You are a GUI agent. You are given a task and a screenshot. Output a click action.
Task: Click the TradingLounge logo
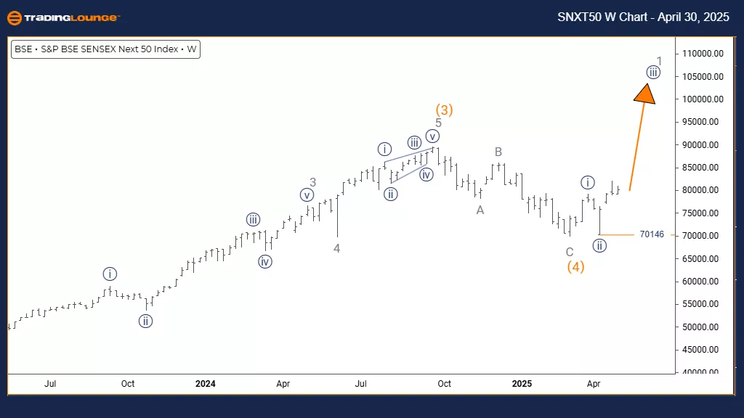64,17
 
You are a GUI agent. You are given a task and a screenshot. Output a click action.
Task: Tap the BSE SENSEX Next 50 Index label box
106,50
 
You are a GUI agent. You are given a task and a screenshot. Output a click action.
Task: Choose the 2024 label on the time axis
206,383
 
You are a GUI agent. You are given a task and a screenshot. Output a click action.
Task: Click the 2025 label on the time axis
521,383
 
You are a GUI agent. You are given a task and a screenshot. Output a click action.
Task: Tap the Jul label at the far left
51,383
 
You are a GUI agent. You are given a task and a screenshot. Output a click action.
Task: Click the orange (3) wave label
444,110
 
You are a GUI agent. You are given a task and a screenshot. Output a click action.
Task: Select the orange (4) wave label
576,267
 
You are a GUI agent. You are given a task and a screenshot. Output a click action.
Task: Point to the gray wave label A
480,210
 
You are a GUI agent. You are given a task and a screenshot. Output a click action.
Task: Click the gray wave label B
498,152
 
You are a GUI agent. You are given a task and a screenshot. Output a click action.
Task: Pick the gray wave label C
570,252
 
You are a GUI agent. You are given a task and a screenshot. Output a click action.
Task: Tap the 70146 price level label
652,235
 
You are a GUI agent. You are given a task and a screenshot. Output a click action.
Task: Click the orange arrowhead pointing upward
645,92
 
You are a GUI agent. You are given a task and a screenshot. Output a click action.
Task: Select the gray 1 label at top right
659,61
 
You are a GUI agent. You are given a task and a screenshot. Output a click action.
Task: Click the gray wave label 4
337,248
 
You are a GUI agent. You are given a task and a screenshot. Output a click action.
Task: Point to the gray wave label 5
439,123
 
